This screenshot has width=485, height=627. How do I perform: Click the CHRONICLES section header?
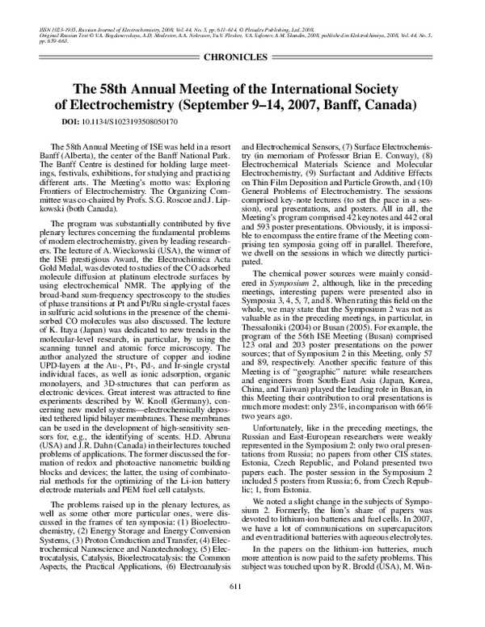(242, 59)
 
